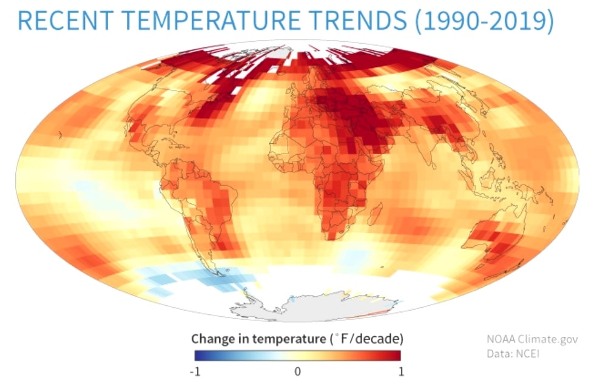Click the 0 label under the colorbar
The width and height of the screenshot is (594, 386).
click(x=297, y=371)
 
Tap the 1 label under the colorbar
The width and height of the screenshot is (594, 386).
click(x=399, y=371)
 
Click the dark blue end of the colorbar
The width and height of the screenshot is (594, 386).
click(x=198, y=355)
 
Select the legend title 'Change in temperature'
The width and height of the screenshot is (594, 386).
click(x=258, y=338)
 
